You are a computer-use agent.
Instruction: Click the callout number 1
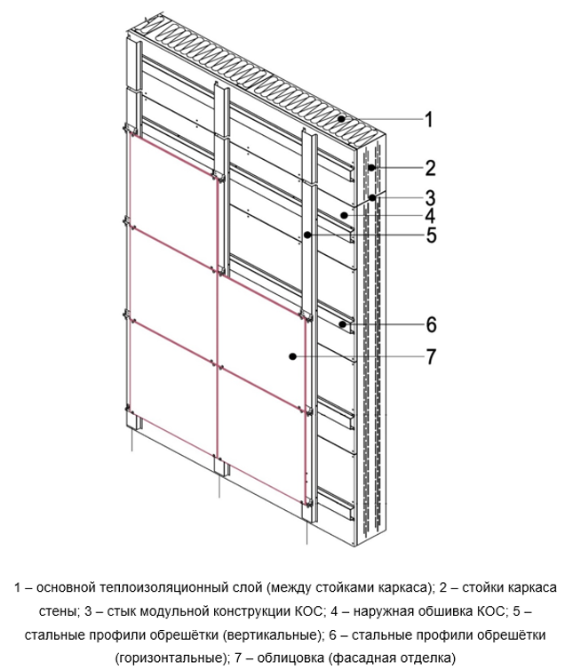tap(429, 119)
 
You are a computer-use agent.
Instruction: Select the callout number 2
tap(430, 168)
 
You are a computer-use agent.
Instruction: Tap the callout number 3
tap(430, 198)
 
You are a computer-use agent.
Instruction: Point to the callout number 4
tap(430, 216)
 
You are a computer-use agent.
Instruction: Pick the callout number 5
tap(431, 235)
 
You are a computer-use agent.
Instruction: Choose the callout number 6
tap(431, 324)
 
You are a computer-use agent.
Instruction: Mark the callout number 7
tap(431, 356)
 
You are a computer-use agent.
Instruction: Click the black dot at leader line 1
tap(341, 119)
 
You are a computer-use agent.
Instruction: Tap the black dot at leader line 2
tap(372, 167)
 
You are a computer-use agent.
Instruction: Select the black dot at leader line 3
tap(372, 197)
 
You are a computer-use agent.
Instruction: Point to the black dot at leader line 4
tap(344, 215)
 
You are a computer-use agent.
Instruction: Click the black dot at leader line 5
tap(307, 235)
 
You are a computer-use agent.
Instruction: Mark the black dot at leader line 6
tap(342, 324)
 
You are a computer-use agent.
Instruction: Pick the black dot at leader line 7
tap(292, 356)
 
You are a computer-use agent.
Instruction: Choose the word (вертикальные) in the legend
tap(272, 635)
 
